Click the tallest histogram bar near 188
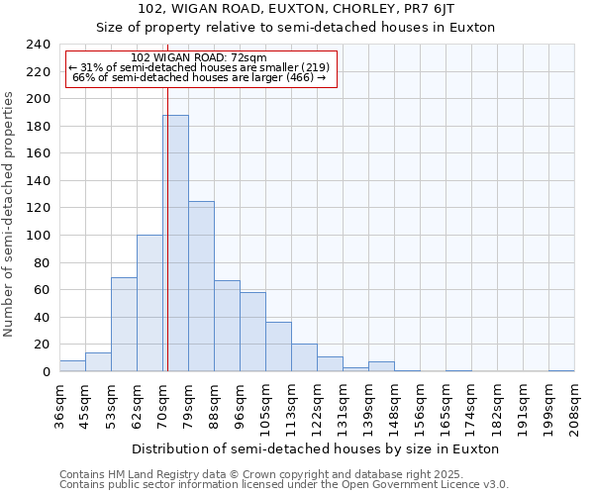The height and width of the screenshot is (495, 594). [x=175, y=244]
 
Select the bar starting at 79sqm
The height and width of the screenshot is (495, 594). [x=201, y=286]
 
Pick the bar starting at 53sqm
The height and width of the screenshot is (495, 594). [x=124, y=325]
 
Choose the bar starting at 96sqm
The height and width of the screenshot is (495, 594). [x=252, y=332]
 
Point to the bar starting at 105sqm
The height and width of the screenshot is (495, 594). [x=278, y=346]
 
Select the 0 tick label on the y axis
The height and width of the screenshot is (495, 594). [x=46, y=372]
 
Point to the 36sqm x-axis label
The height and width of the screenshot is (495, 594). [x=59, y=406]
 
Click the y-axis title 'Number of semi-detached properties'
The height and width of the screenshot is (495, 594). [x=10, y=214]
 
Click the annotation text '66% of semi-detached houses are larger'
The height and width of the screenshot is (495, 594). [x=199, y=77]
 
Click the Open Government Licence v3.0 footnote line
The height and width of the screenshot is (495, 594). [x=283, y=485]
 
